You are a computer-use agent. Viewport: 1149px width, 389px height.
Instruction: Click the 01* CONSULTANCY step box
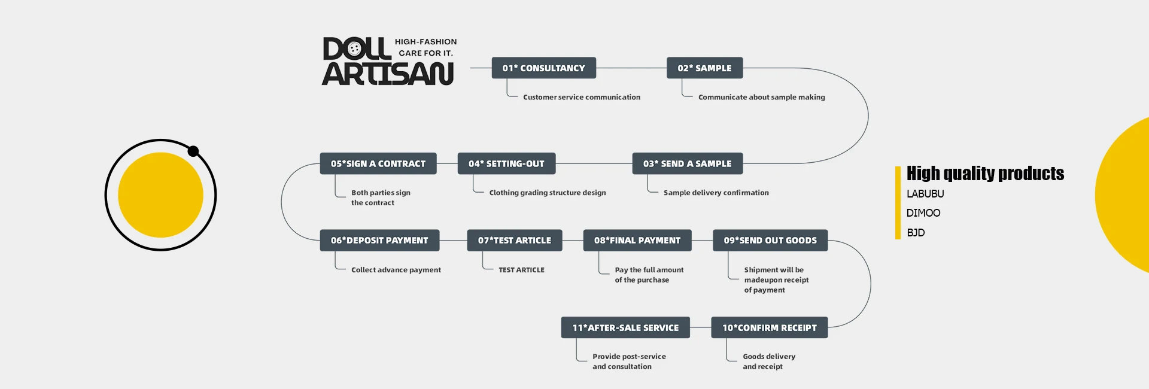(543, 68)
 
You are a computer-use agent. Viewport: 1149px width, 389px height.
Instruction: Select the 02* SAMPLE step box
(704, 68)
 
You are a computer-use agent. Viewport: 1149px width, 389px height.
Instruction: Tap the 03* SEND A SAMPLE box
(687, 163)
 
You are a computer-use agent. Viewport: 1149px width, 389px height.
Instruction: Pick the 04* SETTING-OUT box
(506, 163)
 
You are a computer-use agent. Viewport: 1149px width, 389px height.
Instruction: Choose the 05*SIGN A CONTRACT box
(378, 163)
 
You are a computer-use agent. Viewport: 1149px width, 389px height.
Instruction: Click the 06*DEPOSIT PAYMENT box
(379, 241)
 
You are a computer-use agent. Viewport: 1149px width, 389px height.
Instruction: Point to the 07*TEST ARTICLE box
(515, 241)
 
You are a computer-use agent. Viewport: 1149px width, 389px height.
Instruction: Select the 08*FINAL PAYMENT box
(637, 241)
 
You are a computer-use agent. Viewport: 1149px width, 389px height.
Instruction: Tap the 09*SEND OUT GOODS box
(770, 241)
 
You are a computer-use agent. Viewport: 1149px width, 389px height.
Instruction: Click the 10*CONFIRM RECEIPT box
(769, 328)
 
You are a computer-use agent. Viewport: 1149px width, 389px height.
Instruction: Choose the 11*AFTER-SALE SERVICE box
(625, 328)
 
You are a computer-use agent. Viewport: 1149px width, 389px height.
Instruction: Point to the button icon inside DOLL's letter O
(354, 49)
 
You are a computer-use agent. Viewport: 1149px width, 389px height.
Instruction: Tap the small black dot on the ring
(193, 151)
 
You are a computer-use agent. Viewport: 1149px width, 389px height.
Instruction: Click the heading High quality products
(985, 174)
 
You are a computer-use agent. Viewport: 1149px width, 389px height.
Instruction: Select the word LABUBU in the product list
(925, 194)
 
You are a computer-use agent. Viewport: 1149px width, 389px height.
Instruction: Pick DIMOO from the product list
(923, 213)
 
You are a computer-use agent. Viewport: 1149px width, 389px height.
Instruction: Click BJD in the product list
(916, 233)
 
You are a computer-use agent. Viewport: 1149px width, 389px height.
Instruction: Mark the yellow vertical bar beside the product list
(898, 203)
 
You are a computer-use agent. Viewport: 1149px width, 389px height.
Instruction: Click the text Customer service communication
(581, 97)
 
